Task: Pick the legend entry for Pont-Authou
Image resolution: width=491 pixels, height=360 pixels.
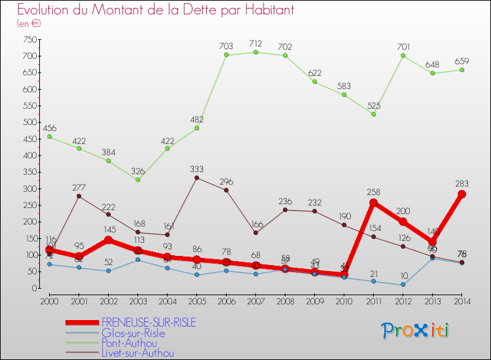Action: pos(129,343)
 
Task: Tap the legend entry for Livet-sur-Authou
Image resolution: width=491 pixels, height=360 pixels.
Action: pos(137,353)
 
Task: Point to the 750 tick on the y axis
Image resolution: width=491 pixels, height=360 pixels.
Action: pos(29,39)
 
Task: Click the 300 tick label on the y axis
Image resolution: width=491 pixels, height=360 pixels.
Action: pos(29,189)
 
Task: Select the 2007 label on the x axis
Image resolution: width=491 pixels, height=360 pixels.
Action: pos(255,300)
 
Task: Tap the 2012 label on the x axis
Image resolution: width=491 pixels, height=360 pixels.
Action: pos(403,300)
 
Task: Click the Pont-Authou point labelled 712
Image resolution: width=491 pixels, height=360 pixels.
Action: pos(256,52)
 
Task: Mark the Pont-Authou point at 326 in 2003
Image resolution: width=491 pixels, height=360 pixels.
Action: pos(137,180)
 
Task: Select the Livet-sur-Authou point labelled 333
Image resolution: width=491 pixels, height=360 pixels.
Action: pos(196,177)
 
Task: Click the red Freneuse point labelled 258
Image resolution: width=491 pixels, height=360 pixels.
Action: pos(373,202)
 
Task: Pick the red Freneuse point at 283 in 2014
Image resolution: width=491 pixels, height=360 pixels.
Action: pos(462,194)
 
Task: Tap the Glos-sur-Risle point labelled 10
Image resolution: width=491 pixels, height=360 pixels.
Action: pos(403,285)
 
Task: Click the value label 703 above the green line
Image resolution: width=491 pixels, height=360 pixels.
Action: pos(226,46)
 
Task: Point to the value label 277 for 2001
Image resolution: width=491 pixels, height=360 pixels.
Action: pos(79,188)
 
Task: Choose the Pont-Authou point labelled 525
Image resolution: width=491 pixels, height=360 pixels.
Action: pos(373,115)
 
